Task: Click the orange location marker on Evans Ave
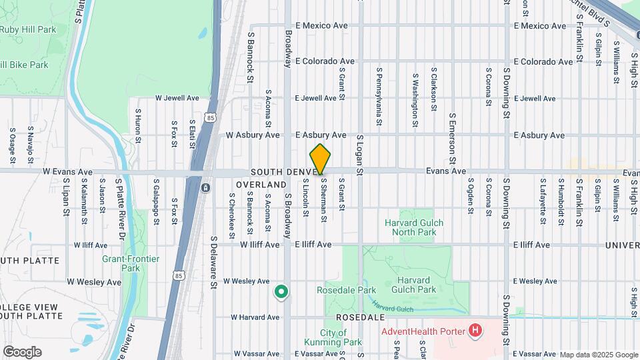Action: (x=321, y=159)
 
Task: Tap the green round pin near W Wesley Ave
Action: (x=281, y=291)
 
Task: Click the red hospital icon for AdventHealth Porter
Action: (x=475, y=330)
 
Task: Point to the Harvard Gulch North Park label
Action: (x=413, y=227)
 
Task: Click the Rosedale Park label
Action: (x=347, y=290)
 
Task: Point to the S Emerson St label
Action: (x=451, y=139)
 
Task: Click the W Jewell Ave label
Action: (x=177, y=97)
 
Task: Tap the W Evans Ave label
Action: (x=67, y=171)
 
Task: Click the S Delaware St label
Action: (x=214, y=262)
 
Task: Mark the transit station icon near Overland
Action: (x=206, y=188)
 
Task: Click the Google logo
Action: (x=22, y=352)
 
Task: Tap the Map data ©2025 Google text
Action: (x=599, y=355)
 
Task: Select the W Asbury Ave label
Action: (x=253, y=135)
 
